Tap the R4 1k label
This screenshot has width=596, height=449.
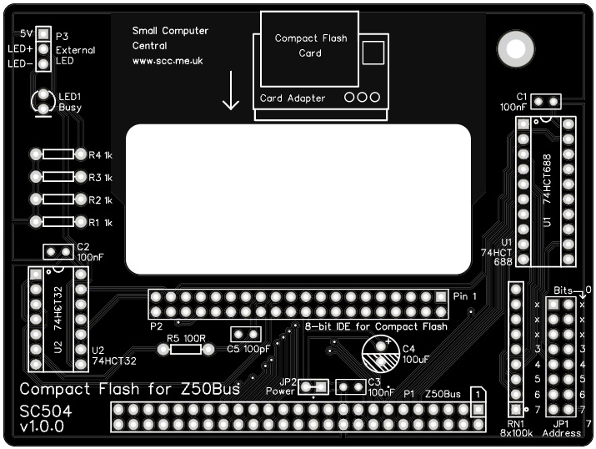tap(101, 155)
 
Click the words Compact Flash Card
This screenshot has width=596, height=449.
tap(310, 46)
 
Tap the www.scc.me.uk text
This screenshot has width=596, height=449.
tap(168, 61)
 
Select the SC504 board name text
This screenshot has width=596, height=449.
tap(47, 411)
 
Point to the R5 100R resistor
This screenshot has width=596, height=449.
tap(186, 350)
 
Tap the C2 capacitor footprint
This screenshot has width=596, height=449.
tap(58, 251)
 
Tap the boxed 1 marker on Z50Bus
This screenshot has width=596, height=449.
tap(477, 393)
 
